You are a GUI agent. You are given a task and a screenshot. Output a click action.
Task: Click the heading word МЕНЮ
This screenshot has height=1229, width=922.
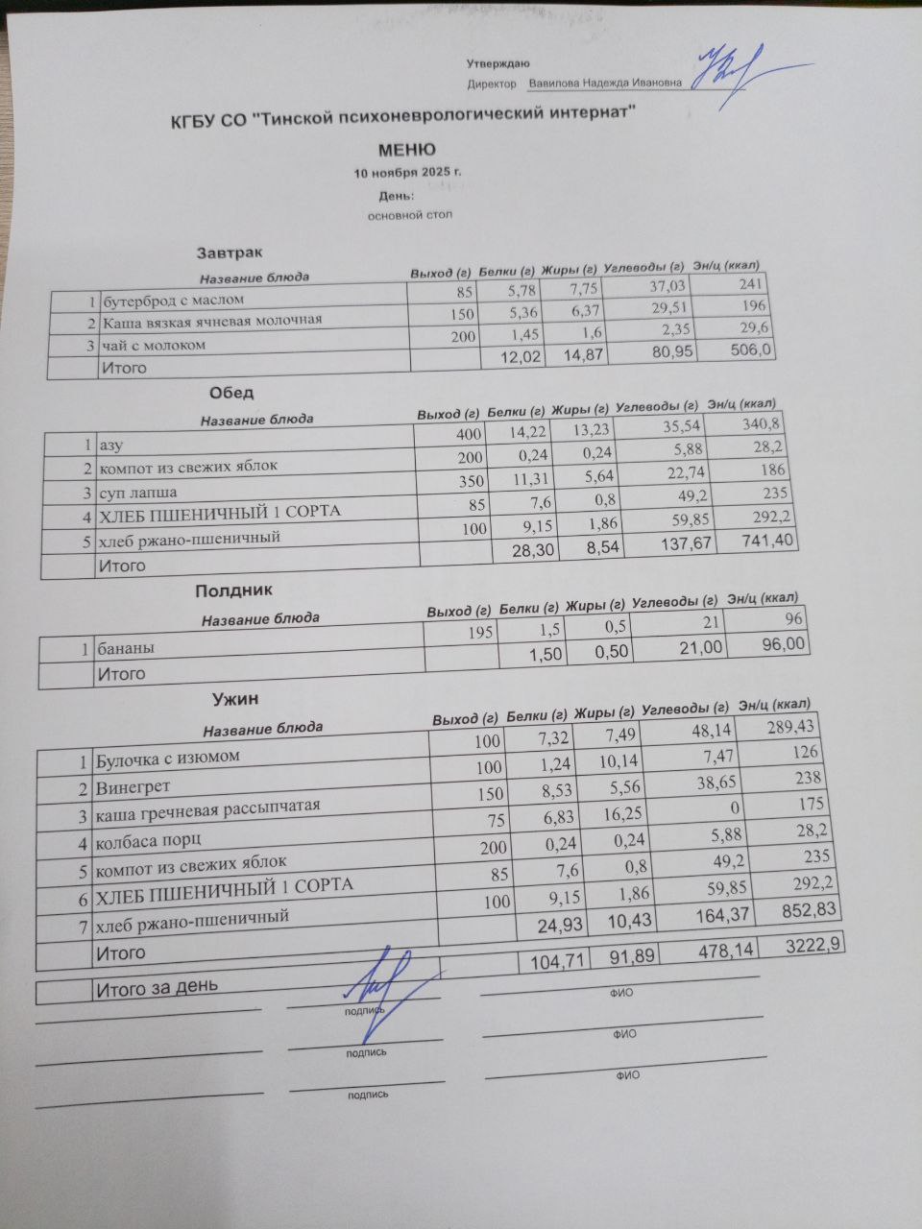click(x=406, y=150)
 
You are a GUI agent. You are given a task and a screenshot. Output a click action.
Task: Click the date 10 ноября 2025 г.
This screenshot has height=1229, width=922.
click(x=407, y=174)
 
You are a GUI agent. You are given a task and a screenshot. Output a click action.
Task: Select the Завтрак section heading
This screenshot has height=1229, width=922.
click(x=229, y=253)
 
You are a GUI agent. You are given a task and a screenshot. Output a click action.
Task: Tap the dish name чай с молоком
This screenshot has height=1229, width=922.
click(x=154, y=345)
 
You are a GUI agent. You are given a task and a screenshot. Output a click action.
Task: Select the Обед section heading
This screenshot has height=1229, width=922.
click(x=231, y=393)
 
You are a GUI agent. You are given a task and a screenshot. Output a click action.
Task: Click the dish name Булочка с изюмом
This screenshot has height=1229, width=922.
click(x=167, y=759)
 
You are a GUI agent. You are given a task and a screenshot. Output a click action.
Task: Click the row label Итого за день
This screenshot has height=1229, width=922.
click(x=156, y=985)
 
